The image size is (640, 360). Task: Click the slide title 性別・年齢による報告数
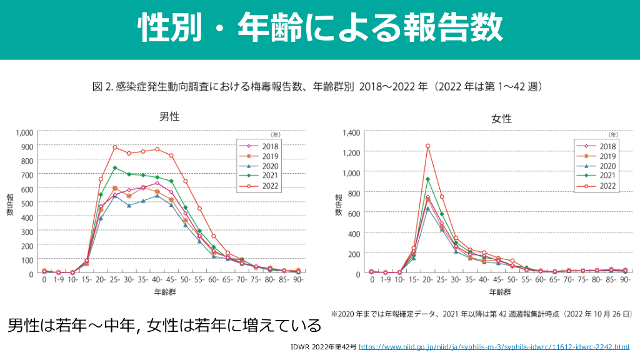(320, 28)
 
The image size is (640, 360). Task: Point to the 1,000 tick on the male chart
(24, 132)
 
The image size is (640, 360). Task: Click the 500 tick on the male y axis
(27, 202)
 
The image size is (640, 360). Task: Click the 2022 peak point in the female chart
(427, 146)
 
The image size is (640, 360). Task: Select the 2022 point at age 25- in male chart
(115, 147)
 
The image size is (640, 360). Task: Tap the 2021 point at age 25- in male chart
(115, 167)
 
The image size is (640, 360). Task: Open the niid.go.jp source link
(494, 347)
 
